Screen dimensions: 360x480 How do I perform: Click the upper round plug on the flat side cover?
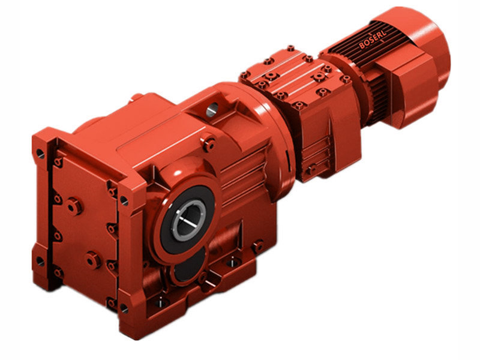click(74, 206)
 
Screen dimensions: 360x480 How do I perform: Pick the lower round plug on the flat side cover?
click(93, 260)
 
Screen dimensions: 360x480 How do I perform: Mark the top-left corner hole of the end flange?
click(40, 153)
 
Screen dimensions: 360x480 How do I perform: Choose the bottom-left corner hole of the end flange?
click(40, 262)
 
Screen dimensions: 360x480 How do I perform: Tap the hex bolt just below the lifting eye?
click(209, 143)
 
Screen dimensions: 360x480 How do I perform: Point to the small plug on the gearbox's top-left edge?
click(137, 97)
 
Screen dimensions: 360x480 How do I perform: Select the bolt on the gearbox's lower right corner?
click(257, 245)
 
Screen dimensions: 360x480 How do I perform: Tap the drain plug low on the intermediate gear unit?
click(310, 170)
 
